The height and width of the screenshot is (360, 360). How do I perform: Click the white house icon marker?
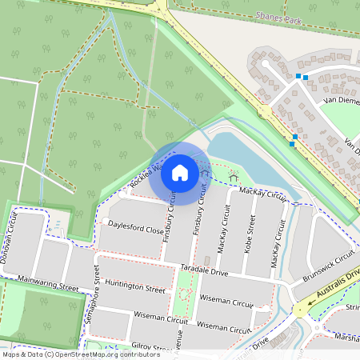(180, 173)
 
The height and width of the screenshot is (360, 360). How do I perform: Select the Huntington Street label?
(134, 289)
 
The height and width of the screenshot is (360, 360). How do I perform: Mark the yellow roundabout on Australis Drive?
(302, 310)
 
